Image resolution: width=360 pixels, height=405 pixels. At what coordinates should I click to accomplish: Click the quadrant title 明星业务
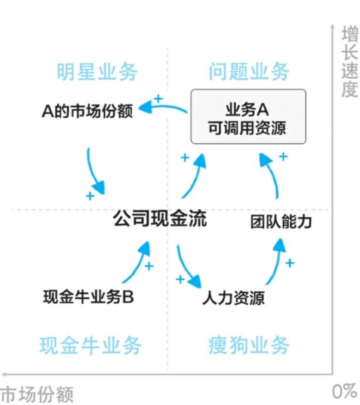97,71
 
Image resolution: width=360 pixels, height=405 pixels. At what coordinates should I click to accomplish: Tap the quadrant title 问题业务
249,71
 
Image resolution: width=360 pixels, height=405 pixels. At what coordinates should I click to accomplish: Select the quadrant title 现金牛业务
90,346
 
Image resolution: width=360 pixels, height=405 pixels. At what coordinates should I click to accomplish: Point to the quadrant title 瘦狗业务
249,346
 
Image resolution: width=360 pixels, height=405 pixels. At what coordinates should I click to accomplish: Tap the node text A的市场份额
87,111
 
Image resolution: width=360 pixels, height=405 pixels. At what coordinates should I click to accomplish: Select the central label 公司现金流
160,219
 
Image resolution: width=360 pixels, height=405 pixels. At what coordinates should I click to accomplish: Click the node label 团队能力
281,222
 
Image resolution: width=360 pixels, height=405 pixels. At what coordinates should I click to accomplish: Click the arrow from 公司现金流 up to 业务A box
194,176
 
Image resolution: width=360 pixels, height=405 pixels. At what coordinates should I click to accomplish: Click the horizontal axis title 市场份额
37,395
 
